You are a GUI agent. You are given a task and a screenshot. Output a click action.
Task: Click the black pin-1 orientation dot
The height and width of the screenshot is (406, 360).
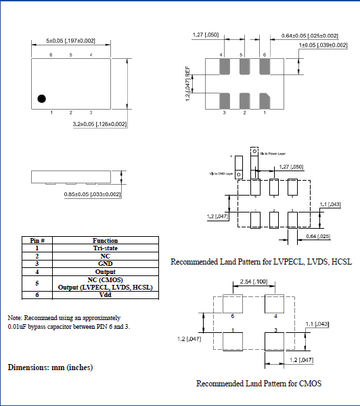[41, 98]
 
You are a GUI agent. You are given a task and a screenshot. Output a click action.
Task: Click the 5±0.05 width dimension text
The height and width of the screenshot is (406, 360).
[70, 41]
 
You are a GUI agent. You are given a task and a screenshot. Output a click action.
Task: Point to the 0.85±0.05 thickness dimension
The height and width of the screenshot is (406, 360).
[92, 195]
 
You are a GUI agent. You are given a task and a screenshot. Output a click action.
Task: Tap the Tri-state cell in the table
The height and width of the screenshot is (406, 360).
[105, 248]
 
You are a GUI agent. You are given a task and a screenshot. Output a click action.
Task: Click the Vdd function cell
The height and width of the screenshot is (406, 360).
[105, 295]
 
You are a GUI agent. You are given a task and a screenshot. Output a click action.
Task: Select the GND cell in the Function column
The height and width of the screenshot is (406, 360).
[105, 264]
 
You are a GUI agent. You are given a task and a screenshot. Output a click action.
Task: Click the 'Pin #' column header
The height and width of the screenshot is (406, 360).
[37, 240]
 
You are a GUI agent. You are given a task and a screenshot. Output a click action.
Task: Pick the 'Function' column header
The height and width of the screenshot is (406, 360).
[105, 240]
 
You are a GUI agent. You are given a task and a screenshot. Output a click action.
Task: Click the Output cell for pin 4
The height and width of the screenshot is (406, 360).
[105, 271]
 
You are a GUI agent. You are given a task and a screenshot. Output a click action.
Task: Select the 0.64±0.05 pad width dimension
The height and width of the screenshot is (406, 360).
[309, 35]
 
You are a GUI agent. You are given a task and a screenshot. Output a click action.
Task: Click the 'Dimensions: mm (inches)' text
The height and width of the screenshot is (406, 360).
[50, 367]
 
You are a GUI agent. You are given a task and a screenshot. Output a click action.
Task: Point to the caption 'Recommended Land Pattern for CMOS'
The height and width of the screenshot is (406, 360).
[258, 384]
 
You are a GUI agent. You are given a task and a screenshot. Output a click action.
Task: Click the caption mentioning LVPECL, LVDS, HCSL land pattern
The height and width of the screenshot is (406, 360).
[261, 261]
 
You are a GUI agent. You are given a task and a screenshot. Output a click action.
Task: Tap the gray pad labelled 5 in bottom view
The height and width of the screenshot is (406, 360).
[243, 66]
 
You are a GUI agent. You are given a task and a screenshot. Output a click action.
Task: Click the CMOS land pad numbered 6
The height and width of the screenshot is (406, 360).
[233, 305]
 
